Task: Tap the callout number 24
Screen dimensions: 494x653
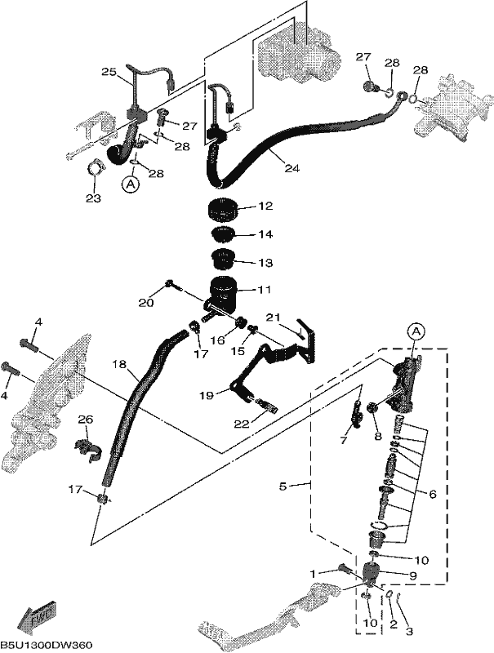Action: [292, 168]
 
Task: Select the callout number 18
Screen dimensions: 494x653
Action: [118, 363]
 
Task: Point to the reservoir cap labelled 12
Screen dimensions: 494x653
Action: [222, 210]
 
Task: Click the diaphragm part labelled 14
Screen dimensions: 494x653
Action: [223, 234]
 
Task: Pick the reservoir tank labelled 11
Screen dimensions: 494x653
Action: [222, 294]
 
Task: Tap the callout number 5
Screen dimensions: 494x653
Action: [283, 486]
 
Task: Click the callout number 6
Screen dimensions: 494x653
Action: [433, 494]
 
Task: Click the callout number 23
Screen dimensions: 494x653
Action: [93, 198]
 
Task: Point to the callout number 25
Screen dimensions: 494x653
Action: [109, 72]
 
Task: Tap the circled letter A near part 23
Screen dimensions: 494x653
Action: [131, 184]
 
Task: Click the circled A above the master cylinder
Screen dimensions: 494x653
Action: [415, 331]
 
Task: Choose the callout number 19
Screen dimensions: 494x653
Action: [207, 395]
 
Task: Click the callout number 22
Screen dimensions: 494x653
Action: [242, 424]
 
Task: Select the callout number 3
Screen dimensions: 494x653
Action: [409, 631]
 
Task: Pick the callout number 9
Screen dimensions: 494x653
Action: [413, 576]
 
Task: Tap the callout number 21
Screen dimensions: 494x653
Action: [273, 318]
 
